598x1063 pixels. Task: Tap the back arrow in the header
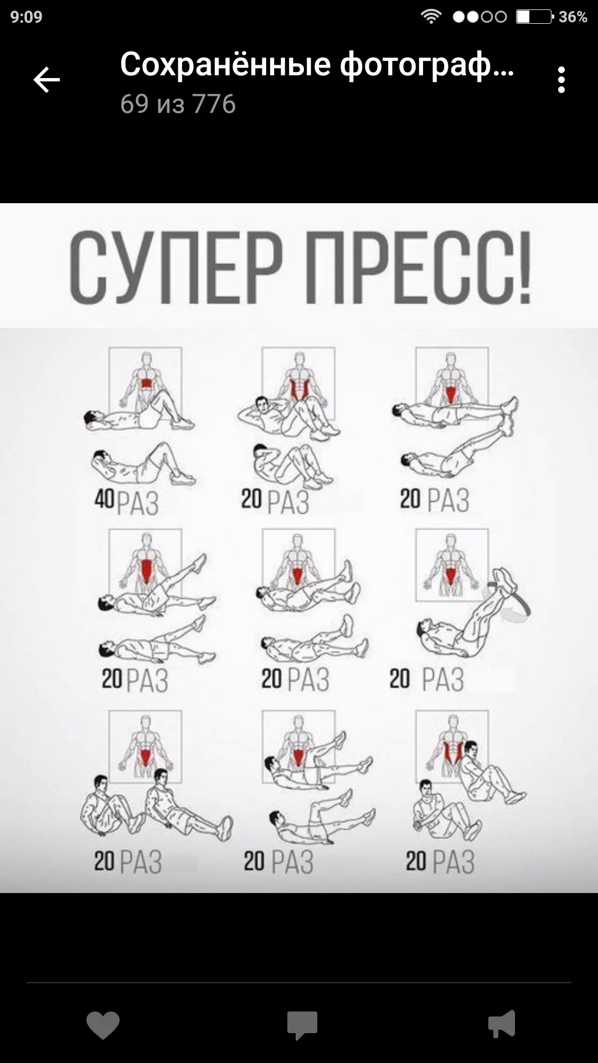point(47,80)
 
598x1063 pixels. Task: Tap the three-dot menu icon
point(561,80)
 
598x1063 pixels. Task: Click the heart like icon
point(103,1025)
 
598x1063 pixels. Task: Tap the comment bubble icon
point(302,1025)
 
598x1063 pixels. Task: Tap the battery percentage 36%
point(573,17)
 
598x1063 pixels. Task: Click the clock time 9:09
point(26,17)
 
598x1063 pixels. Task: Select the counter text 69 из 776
point(178,104)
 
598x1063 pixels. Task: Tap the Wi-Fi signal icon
point(430,17)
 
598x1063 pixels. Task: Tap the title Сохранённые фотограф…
point(317,64)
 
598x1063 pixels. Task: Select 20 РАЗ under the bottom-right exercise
point(440,862)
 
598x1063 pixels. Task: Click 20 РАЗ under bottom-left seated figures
point(128,862)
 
